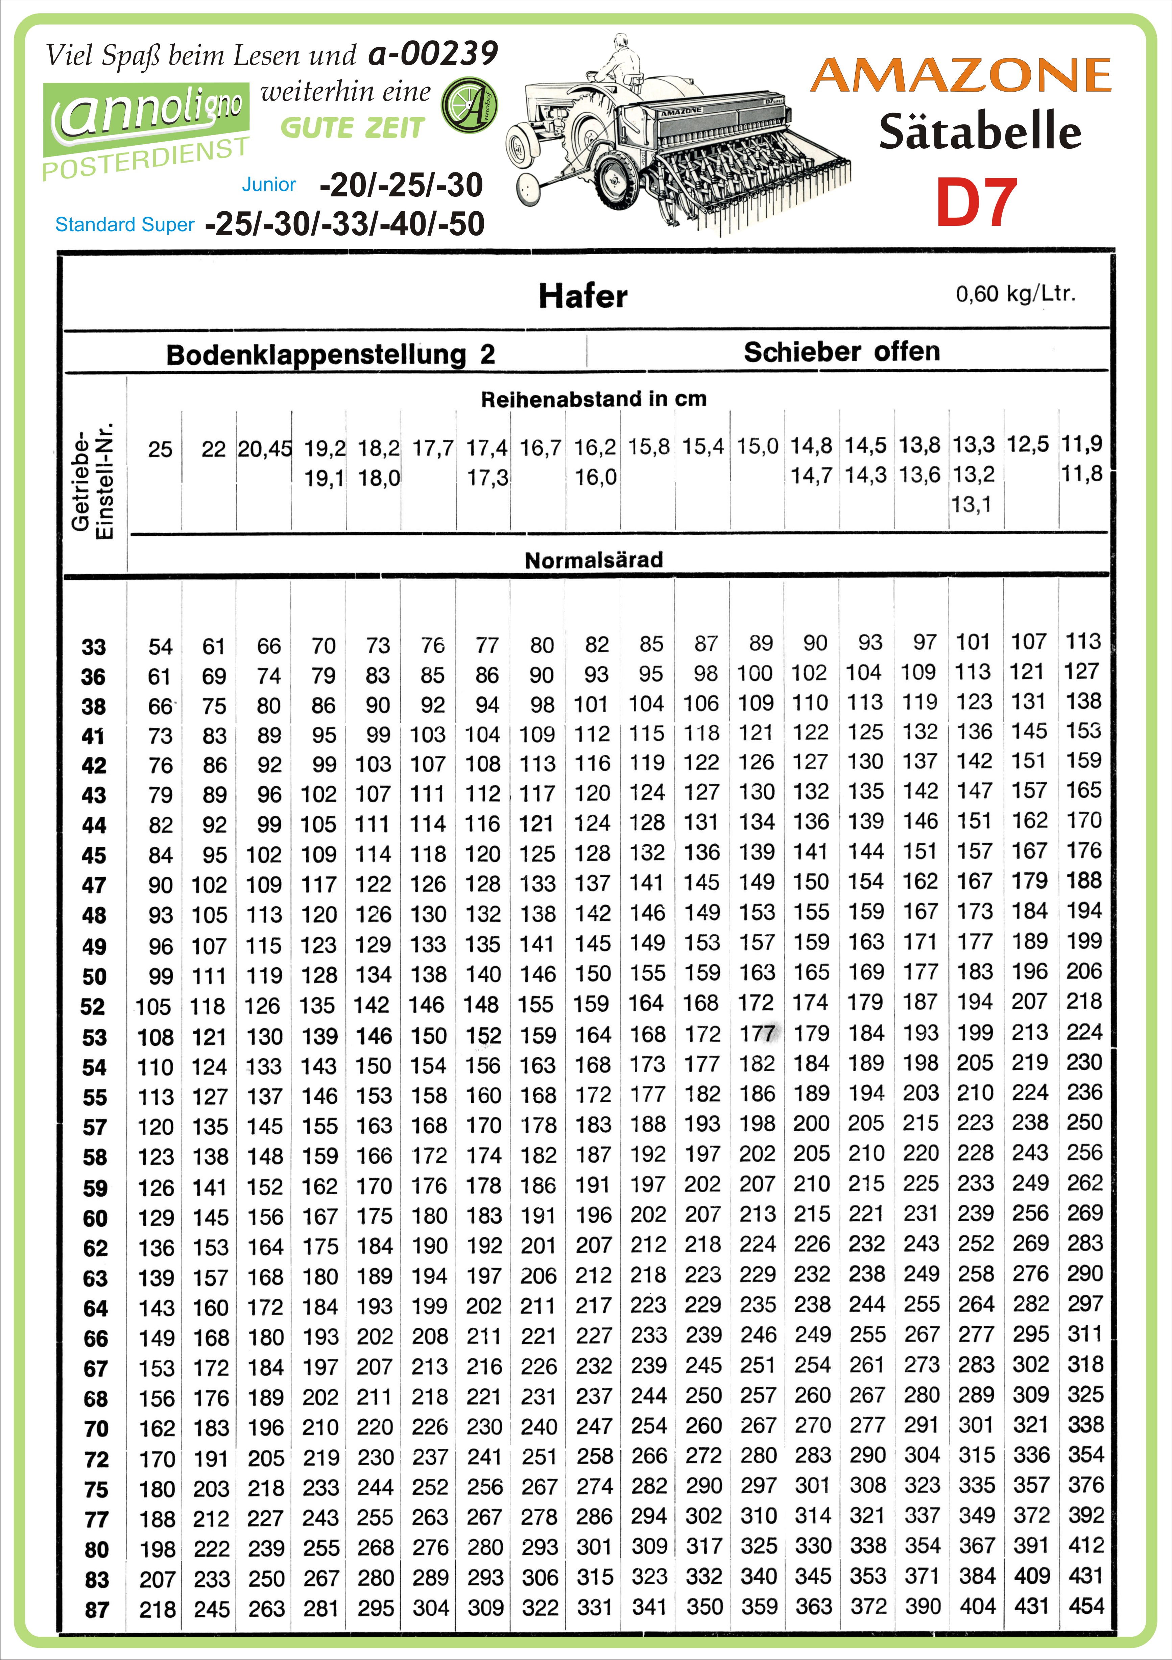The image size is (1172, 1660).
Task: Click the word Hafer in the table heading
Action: pos(583,296)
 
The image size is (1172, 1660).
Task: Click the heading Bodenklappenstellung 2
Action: pos(330,354)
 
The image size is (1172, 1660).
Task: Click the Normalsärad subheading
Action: pos(594,560)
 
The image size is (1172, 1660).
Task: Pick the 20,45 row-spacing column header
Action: pos(265,449)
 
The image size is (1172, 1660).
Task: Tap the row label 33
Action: pos(94,646)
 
